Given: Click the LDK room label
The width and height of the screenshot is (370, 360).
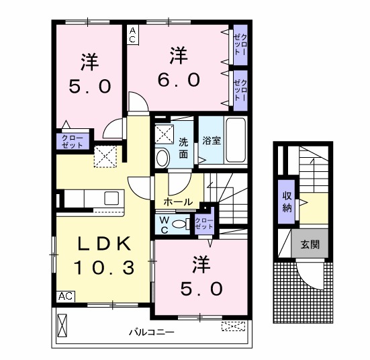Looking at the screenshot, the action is tap(105, 243).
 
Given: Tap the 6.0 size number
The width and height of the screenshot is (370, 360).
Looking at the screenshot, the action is tap(179, 80).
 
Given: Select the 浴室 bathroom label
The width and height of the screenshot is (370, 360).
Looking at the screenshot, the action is tap(212, 140).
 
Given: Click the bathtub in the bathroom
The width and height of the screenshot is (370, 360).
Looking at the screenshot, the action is tap(236, 140).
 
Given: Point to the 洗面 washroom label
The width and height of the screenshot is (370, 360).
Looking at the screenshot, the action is tap(183, 148).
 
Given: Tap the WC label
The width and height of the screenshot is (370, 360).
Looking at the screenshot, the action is tap(164, 225).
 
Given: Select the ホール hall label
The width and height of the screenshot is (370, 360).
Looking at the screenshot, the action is tap(178, 202).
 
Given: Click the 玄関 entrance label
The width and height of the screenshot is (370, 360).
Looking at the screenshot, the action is tap(310, 244).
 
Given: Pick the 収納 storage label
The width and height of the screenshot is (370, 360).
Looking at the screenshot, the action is tap(287, 202).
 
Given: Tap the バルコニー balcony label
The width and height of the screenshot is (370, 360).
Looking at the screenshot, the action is tap(152, 332).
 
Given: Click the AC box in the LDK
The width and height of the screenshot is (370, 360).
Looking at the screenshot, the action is tap(65, 296).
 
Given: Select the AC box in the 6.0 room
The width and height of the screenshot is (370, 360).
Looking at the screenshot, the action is tap(133, 35).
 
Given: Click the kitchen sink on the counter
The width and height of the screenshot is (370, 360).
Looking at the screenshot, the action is tap(111, 198).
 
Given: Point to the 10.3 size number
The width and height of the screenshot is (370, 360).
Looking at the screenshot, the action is tap(104, 268).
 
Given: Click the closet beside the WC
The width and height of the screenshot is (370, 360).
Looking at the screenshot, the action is tap(204, 222).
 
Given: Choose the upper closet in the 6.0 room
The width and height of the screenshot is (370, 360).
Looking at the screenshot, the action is tap(240, 45).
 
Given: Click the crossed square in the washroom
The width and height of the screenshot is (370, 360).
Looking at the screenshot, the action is tap(165, 134).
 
